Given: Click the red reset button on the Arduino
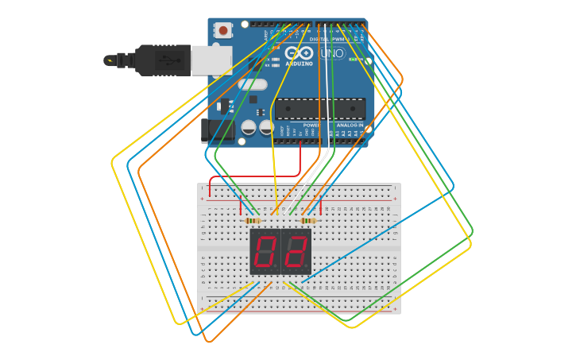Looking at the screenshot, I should click(x=223, y=31).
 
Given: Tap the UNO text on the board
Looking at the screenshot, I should click(x=332, y=54).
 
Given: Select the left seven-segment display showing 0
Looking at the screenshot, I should click(x=265, y=252).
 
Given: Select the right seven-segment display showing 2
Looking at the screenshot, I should click(x=296, y=252).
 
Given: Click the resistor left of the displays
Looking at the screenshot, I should click(x=253, y=220).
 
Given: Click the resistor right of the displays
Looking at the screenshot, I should click(x=308, y=220).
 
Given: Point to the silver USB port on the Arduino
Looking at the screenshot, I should click(x=212, y=60).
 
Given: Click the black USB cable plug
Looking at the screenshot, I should click(x=163, y=60).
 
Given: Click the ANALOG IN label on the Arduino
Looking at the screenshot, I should click(x=350, y=125).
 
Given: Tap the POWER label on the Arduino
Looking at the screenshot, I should click(x=311, y=125).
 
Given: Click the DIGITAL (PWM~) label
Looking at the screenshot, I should click(x=326, y=38).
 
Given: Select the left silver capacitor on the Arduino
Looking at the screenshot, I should click(x=249, y=127).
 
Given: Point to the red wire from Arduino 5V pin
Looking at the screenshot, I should click(x=300, y=163).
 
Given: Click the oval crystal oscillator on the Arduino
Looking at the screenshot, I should click(x=253, y=84).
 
